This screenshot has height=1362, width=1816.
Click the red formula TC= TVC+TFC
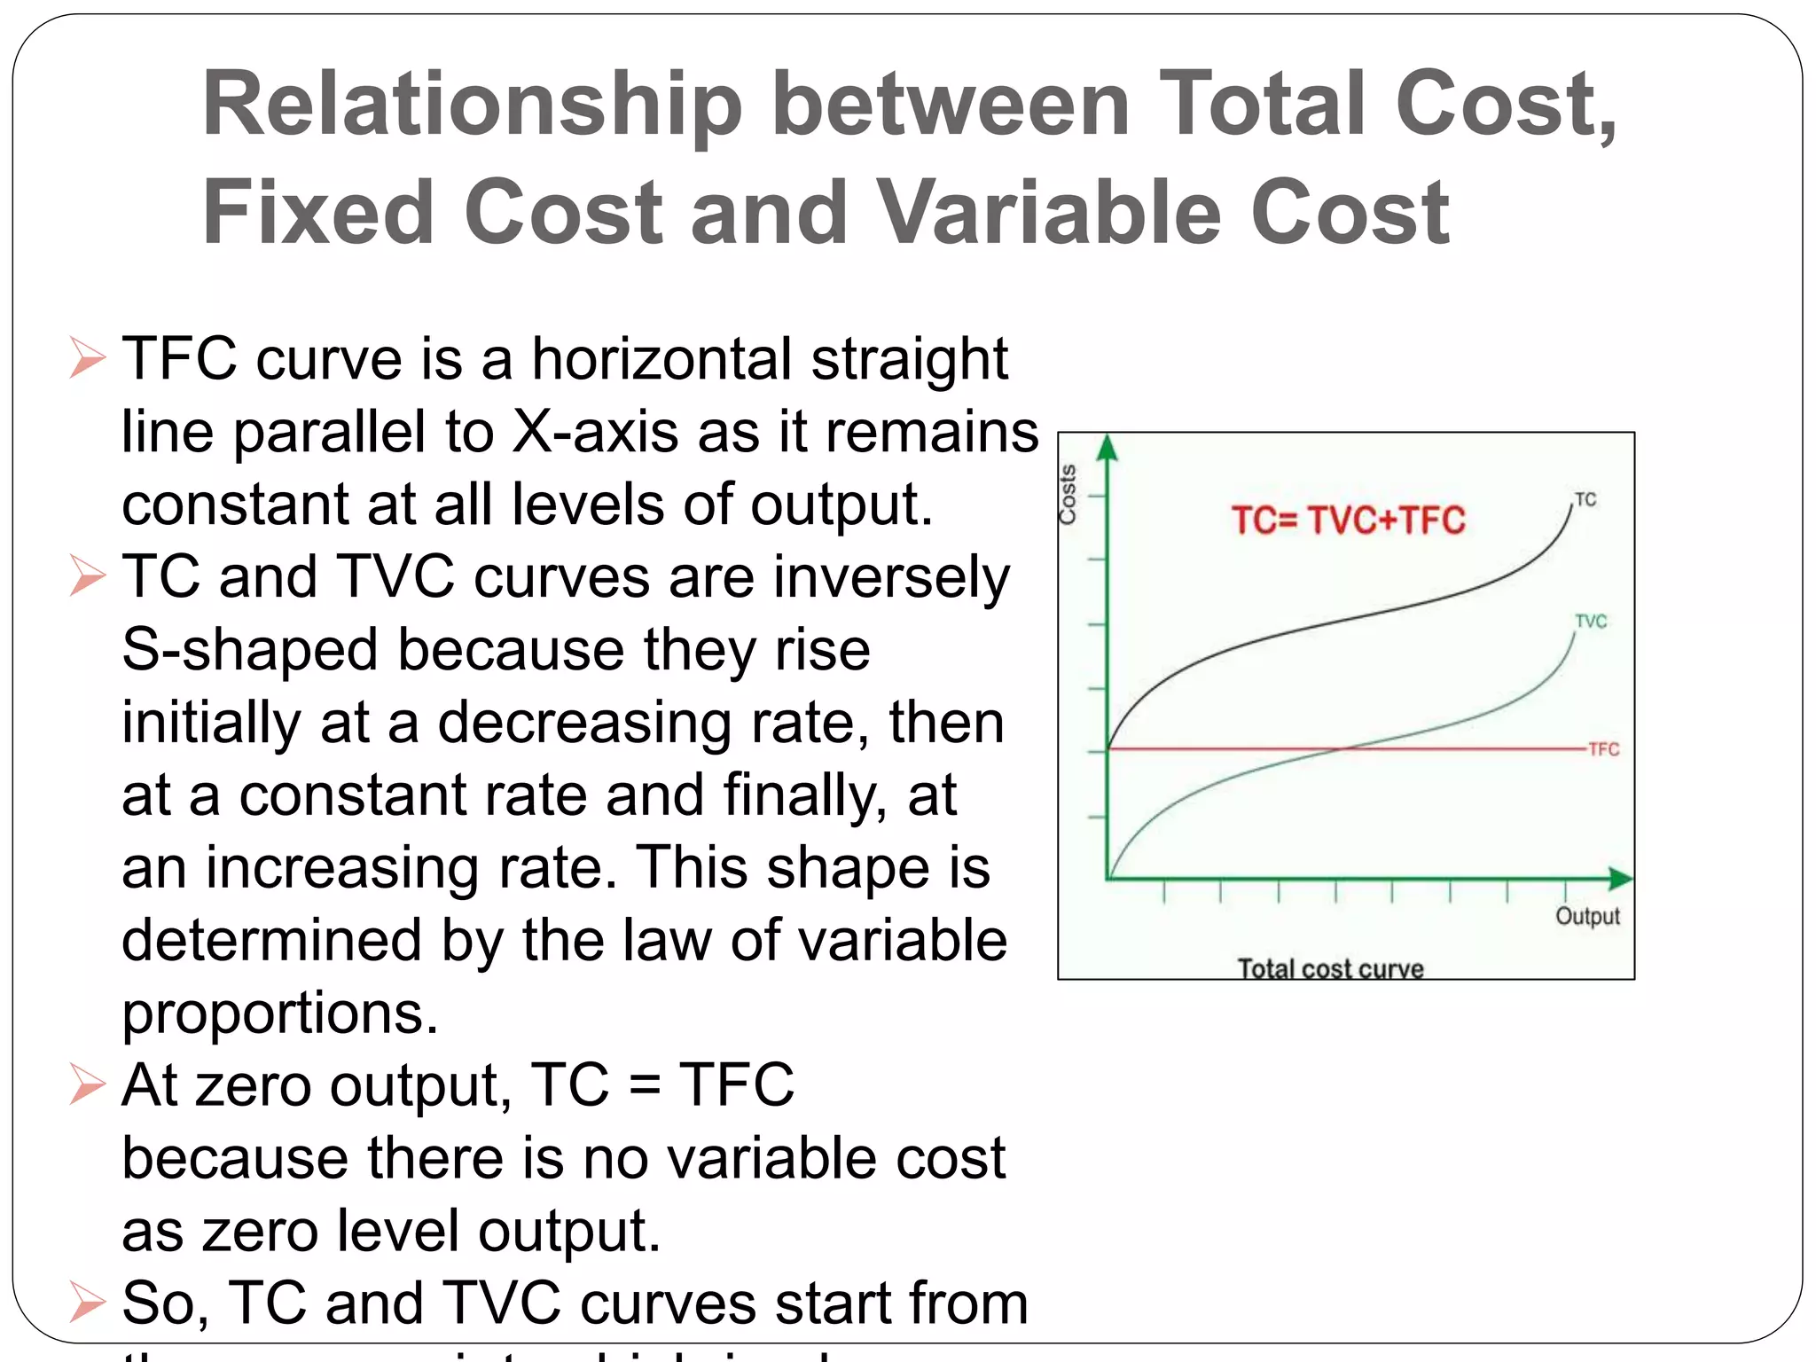pyautogui.click(x=1348, y=521)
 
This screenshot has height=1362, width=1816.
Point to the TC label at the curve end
pyautogui.click(x=1585, y=500)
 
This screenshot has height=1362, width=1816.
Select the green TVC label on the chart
pyautogui.click(x=1591, y=622)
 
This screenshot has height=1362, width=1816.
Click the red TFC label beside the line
pyautogui.click(x=1603, y=749)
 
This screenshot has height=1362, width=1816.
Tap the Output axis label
pyautogui.click(x=1587, y=916)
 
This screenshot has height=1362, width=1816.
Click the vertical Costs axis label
pyautogui.click(x=1068, y=494)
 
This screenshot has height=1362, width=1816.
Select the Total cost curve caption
pyautogui.click(x=1330, y=968)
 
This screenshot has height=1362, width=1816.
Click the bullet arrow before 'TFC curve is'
pyautogui.click(x=87, y=359)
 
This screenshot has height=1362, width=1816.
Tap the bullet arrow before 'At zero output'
pyautogui.click(x=87, y=1085)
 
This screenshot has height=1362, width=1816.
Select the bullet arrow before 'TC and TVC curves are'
pyautogui.click(x=87, y=577)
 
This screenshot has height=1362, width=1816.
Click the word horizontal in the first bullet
pyautogui.click(x=661, y=359)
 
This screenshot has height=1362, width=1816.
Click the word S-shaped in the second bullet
pyautogui.click(x=250, y=651)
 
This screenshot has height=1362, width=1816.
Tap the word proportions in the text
pyautogui.click(x=280, y=1014)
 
